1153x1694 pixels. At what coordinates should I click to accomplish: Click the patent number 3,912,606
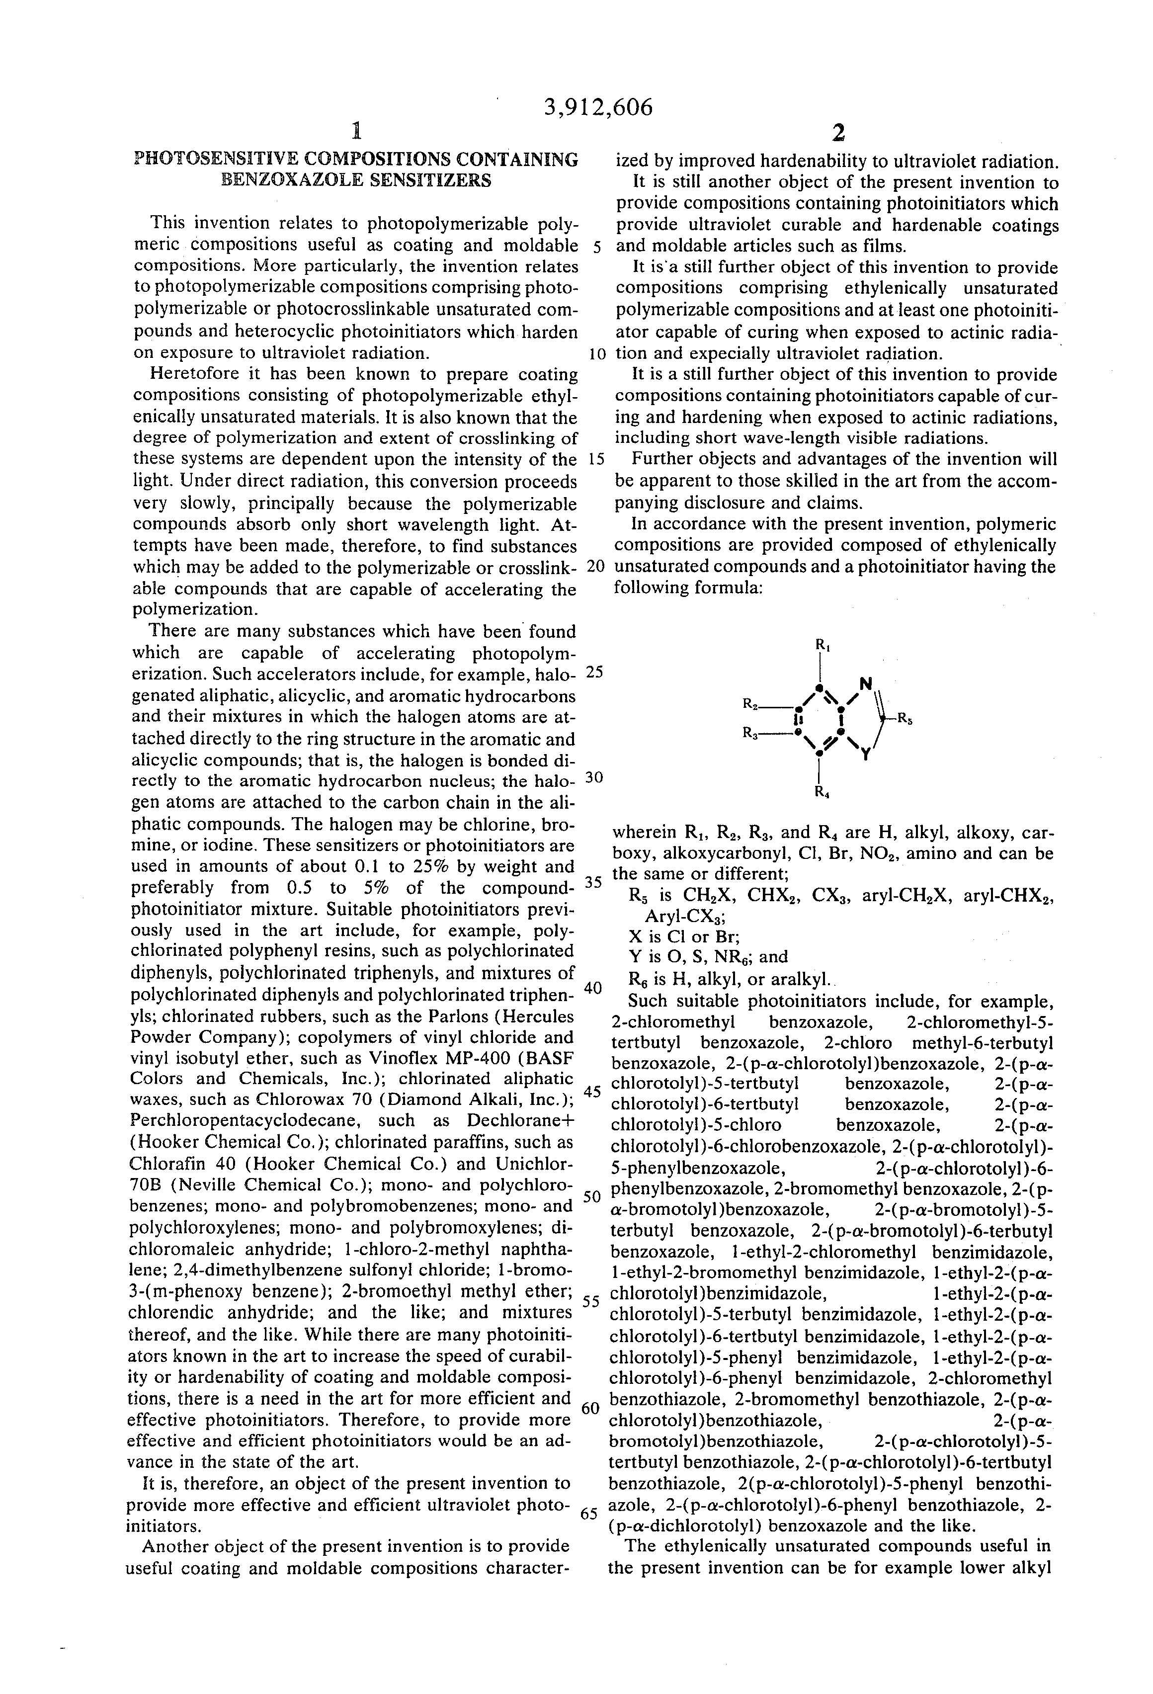[598, 108]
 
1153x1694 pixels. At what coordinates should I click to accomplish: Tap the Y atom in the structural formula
[865, 756]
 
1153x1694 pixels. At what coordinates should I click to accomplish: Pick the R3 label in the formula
[750, 732]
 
